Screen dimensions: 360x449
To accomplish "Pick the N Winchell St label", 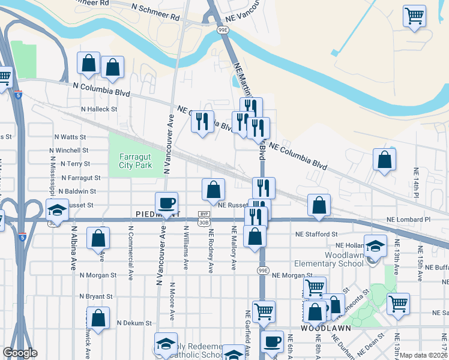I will coord(70,150).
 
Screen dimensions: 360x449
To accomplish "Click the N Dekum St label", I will coord(134,323).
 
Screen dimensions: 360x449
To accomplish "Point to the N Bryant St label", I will coord(95,296).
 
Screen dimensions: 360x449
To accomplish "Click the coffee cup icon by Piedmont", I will coord(166,202).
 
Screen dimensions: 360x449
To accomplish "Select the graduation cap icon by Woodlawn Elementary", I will coord(375,246).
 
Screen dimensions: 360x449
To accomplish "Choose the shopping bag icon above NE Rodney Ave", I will coord(213,189).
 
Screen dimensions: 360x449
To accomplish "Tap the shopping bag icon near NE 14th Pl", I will coord(384,159).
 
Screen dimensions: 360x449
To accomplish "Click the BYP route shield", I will coord(204,214).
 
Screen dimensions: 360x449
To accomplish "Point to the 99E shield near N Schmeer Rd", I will coord(222,29).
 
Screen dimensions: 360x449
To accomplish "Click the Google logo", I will coord(20,353).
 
